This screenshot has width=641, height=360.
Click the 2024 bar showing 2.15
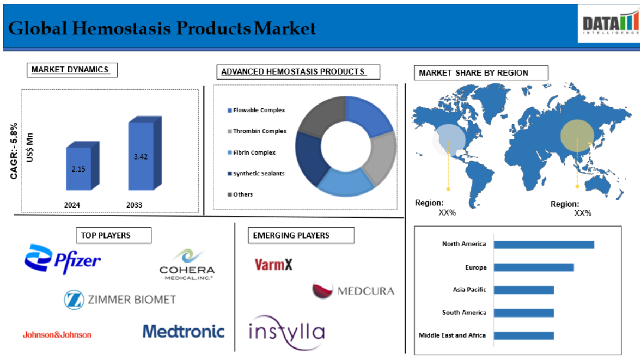(83, 166)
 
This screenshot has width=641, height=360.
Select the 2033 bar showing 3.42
(145, 153)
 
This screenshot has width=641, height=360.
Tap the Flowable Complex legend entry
(257, 111)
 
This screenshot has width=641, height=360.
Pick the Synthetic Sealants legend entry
(256, 174)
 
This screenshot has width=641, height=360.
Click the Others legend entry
(240, 194)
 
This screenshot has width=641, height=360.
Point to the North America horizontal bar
(544, 245)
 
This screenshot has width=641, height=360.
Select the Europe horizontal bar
(534, 267)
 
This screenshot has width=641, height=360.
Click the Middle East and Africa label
(452, 335)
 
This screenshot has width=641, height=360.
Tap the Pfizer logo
(62, 259)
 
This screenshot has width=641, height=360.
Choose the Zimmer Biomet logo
(120, 300)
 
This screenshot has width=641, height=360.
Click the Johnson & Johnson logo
(57, 335)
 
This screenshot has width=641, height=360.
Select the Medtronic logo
(184, 331)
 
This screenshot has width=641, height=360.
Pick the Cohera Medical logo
(187, 264)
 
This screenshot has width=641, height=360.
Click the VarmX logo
(273, 265)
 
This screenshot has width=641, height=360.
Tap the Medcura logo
(353, 290)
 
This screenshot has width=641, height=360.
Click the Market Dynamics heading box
(72, 70)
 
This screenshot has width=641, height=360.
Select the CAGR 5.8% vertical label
(14, 151)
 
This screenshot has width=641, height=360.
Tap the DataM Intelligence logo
(609, 24)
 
